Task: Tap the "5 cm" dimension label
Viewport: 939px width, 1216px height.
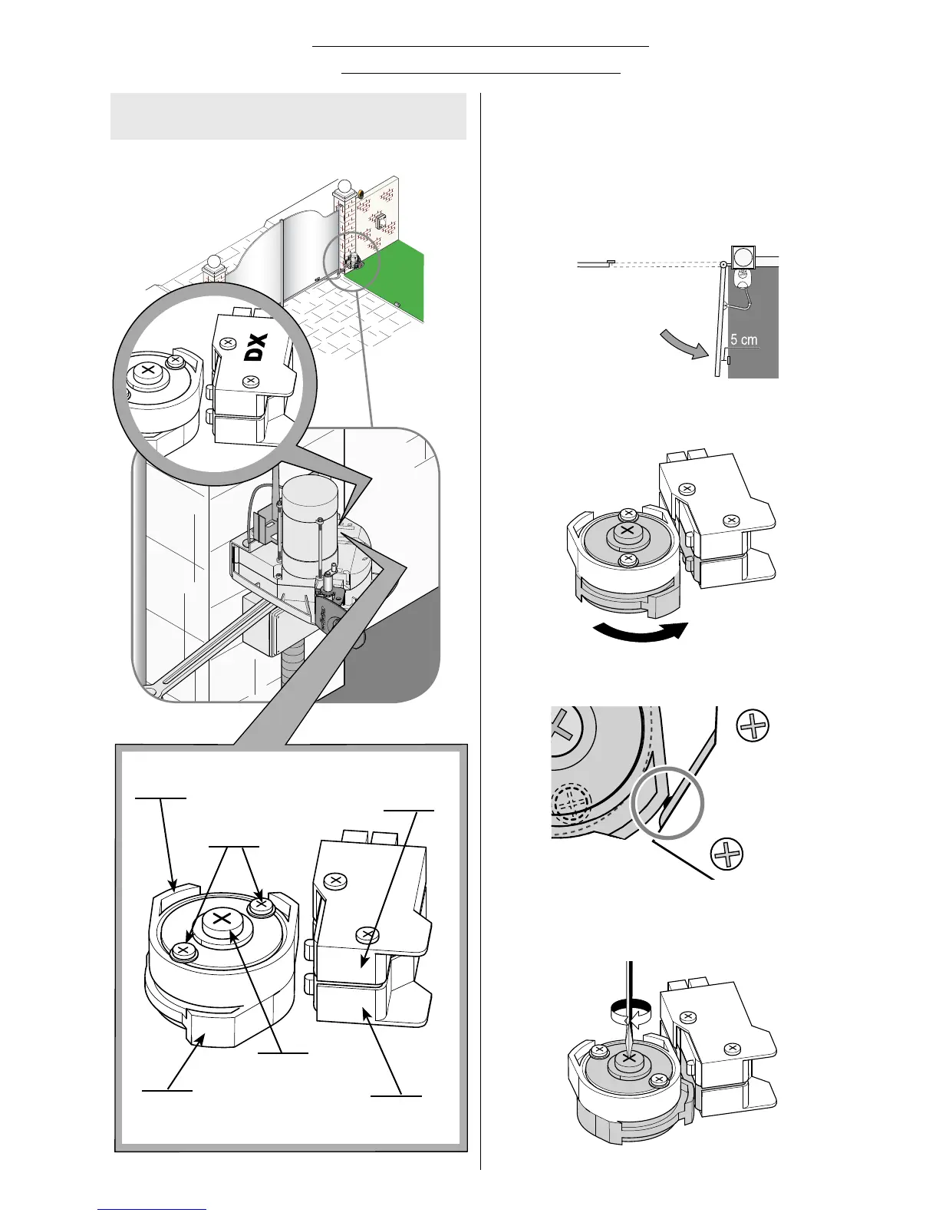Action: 743,339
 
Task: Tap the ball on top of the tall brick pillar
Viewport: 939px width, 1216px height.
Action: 345,185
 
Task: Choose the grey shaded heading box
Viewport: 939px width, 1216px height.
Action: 288,117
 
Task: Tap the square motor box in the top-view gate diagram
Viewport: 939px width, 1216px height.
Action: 743,256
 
